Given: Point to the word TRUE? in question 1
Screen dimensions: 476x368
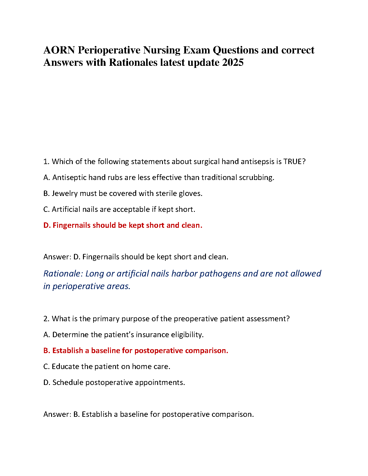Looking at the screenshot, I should [x=294, y=162].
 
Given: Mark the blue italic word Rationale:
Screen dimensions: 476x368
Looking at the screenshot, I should [x=63, y=274].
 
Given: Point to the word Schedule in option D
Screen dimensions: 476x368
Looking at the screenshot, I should [x=68, y=383].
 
